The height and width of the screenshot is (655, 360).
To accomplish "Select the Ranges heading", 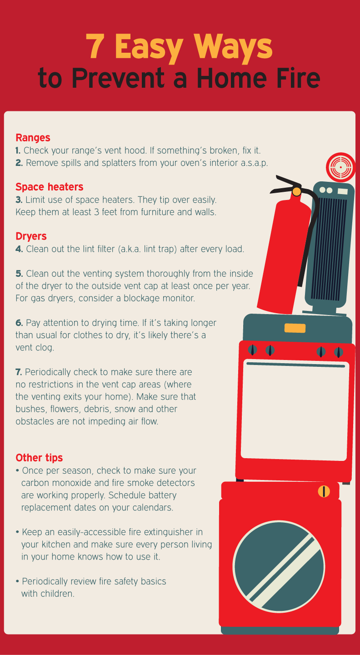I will tap(33, 137).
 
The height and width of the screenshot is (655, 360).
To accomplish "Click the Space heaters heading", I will tap(49, 187).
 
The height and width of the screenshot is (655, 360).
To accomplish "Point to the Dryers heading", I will tap(31, 236).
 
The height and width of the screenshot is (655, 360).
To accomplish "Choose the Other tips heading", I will tap(39, 457).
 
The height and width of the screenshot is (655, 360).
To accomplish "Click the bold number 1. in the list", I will tap(18, 150).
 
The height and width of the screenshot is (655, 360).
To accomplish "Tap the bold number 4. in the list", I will tap(19, 249).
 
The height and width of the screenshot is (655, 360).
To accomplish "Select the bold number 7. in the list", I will tap(19, 372).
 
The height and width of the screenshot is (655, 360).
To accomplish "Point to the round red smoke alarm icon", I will tap(340, 167).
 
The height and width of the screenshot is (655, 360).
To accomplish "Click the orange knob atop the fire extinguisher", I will tap(296, 191).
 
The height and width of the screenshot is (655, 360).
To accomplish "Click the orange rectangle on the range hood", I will tap(295, 328).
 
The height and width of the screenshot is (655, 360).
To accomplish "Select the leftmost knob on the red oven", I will tap(253, 350).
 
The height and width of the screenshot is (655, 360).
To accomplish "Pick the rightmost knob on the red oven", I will tap(338, 351).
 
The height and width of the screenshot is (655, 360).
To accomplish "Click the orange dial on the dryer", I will tap(324, 491).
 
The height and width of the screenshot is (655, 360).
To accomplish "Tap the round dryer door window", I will tap(279, 566).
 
